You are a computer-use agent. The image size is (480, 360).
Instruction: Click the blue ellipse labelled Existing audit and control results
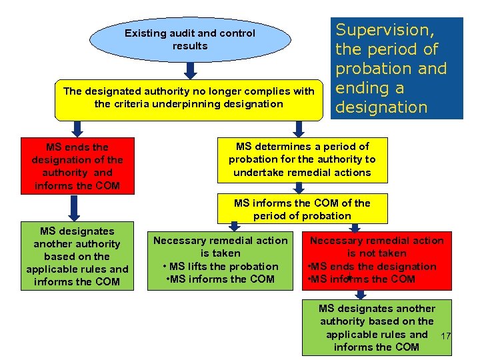coord(189,39)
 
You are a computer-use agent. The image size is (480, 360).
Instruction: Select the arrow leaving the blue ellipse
coord(190,70)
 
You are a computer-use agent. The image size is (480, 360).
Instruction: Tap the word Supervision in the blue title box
coord(385,30)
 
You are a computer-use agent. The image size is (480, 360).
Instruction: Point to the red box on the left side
coord(77,166)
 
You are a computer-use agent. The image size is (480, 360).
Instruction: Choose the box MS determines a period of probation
coord(302,159)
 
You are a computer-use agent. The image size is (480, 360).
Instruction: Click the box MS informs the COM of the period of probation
coord(302,209)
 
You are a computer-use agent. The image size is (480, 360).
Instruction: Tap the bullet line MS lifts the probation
coord(221,266)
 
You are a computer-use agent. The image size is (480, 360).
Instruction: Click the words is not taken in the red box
coord(377,253)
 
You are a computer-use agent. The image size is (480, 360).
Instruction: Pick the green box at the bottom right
coord(377,327)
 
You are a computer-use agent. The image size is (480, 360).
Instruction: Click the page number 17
coord(447,335)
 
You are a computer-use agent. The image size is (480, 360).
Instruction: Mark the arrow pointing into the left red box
coord(77,128)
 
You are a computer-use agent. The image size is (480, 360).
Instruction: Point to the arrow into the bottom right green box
coord(361,294)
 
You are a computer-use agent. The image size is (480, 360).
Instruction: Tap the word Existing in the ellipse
coord(146,33)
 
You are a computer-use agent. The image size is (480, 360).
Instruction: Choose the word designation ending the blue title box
coord(381,107)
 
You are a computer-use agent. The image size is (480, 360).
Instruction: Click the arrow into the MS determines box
coord(299,128)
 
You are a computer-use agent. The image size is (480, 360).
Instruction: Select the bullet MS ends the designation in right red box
coord(373,266)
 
